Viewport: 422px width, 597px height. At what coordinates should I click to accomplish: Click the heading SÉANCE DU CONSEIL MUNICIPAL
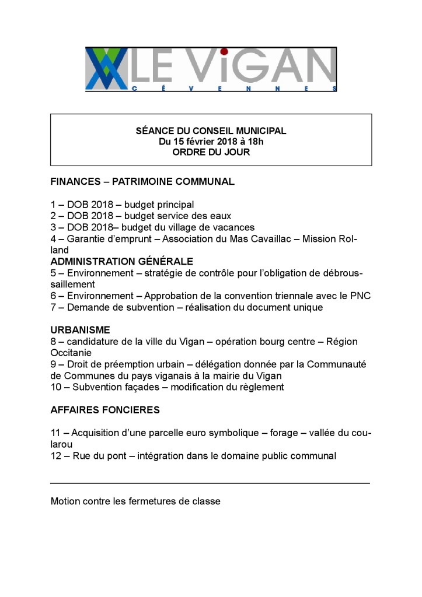[x=211, y=131]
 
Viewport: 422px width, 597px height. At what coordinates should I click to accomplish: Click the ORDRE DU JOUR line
[x=211, y=152]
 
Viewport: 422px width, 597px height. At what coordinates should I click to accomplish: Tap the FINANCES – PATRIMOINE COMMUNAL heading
[x=142, y=181]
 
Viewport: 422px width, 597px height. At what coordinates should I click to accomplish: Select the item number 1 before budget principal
[x=54, y=205]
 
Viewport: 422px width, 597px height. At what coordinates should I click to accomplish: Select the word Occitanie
[x=71, y=353]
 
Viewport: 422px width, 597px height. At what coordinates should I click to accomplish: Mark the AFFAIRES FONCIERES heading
[x=105, y=410]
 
